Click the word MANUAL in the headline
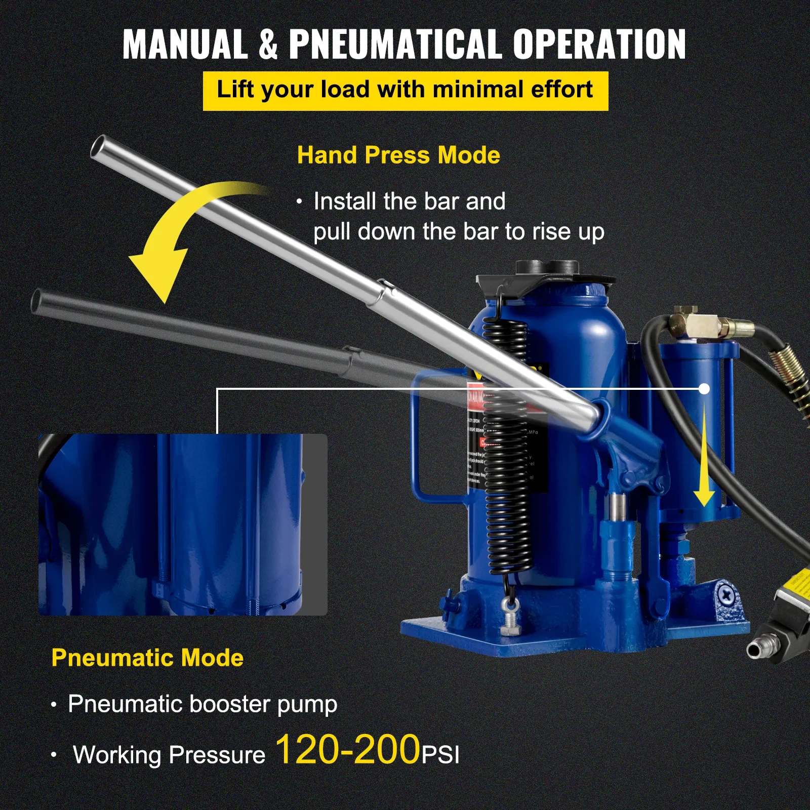pyautogui.click(x=185, y=45)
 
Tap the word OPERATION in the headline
pyautogui.click(x=599, y=45)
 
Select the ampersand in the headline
pyautogui.click(x=268, y=45)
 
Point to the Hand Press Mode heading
pyautogui.click(x=398, y=155)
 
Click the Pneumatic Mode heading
pyautogui.click(x=147, y=658)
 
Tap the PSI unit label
pyautogui.click(x=441, y=755)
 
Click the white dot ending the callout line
pyautogui.click(x=704, y=389)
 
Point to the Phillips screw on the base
pyautogui.click(x=727, y=594)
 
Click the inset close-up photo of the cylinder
pyautogui.click(x=183, y=524)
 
